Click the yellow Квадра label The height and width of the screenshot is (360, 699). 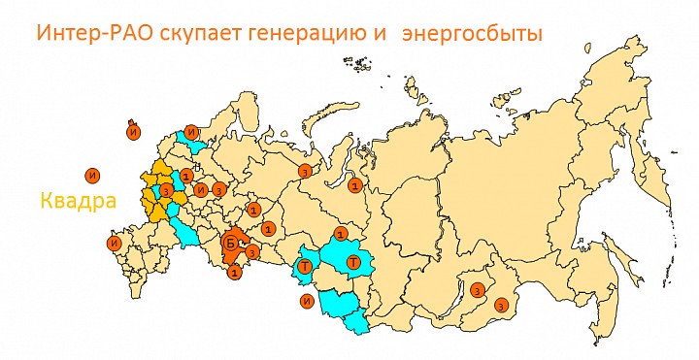pyautogui.click(x=78, y=202)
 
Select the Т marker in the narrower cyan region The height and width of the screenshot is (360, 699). pyautogui.click(x=305, y=265)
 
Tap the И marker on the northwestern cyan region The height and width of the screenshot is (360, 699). pyautogui.click(x=192, y=132)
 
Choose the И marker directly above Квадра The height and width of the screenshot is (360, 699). pyautogui.click(x=90, y=176)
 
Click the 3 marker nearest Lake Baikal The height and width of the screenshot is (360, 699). pyautogui.click(x=477, y=289)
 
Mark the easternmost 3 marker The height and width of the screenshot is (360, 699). pyautogui.click(x=500, y=306)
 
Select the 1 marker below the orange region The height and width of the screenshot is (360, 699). pyautogui.click(x=234, y=275)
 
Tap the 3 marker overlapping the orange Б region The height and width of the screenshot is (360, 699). pyautogui.click(x=251, y=253)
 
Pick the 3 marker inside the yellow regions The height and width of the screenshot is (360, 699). pyautogui.click(x=167, y=189)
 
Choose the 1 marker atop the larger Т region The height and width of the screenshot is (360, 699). pyautogui.click(x=341, y=234)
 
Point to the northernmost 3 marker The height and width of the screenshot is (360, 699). pyautogui.click(x=305, y=172)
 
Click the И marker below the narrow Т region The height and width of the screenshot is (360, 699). pyautogui.click(x=307, y=302)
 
